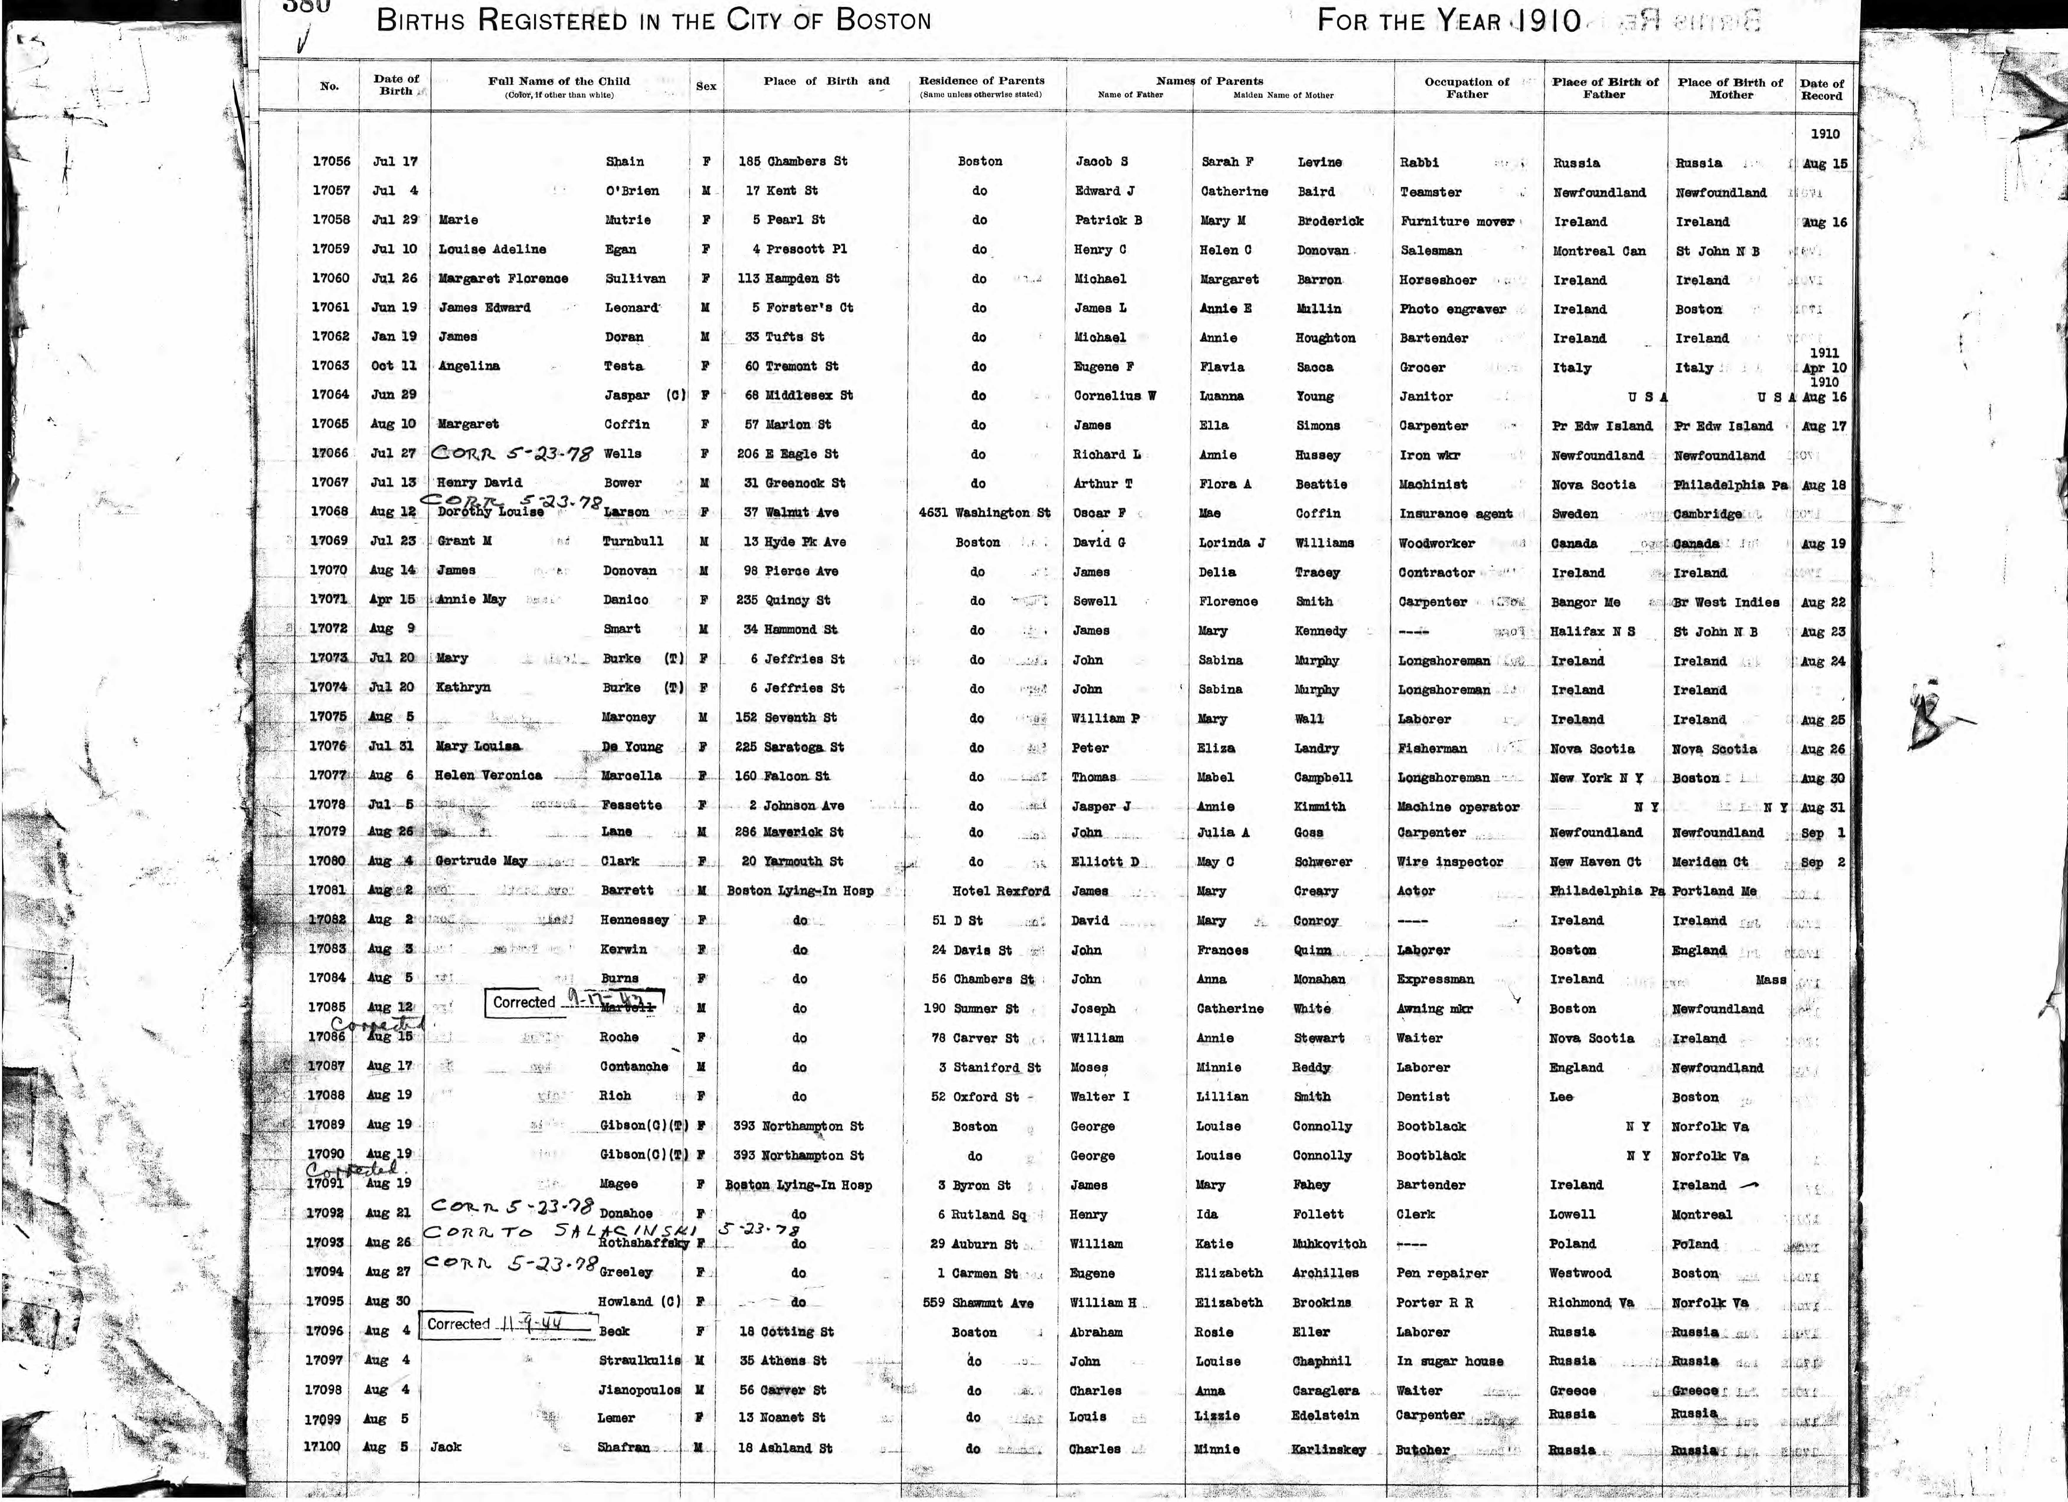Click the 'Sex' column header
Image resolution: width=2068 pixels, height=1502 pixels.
[x=706, y=86]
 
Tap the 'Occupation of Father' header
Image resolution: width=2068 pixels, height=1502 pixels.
[x=1467, y=88]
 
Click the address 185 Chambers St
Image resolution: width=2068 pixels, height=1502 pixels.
[x=792, y=161]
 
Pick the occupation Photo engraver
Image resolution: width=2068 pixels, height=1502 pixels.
[x=1452, y=309]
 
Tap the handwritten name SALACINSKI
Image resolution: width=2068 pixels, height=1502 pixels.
[x=627, y=1231]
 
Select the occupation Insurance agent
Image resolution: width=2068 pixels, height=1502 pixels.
[x=1455, y=513]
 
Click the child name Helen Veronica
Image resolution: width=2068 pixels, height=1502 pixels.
[x=489, y=775]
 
